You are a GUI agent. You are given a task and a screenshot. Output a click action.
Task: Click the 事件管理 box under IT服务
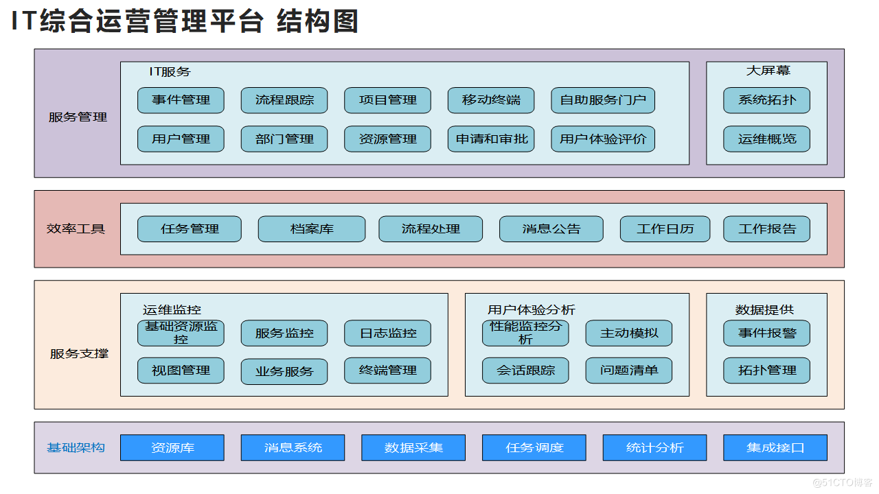click(x=181, y=100)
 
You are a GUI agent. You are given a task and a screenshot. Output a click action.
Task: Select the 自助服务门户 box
click(x=603, y=100)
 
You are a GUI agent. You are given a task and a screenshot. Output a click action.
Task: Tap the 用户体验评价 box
click(x=603, y=139)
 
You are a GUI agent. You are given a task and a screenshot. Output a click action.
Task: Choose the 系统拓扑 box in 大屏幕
click(x=766, y=100)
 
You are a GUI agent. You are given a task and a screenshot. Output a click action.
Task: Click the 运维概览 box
click(x=766, y=139)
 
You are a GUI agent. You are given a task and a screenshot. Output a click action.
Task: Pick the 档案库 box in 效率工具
click(x=311, y=229)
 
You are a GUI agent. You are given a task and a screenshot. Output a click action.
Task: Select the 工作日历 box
click(x=664, y=229)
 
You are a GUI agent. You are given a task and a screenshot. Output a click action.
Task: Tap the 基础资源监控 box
click(x=181, y=333)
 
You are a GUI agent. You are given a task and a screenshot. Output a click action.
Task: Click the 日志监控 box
click(x=387, y=333)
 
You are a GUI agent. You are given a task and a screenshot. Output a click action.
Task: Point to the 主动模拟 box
click(x=628, y=333)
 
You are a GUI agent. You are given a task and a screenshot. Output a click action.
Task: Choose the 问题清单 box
click(x=628, y=370)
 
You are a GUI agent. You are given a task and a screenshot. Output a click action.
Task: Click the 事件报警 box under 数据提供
click(x=766, y=333)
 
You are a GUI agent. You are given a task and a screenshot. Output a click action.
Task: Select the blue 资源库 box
click(x=172, y=448)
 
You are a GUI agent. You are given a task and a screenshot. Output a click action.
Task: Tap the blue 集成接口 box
click(x=775, y=448)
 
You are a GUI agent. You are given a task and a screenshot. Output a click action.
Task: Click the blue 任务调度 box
click(x=534, y=448)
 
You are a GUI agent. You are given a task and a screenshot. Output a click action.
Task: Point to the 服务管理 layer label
click(x=78, y=117)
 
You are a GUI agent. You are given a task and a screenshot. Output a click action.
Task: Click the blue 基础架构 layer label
click(x=76, y=448)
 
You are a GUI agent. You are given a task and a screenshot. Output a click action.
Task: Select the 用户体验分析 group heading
click(x=531, y=310)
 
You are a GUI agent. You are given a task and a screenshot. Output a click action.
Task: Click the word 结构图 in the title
click(x=317, y=22)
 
